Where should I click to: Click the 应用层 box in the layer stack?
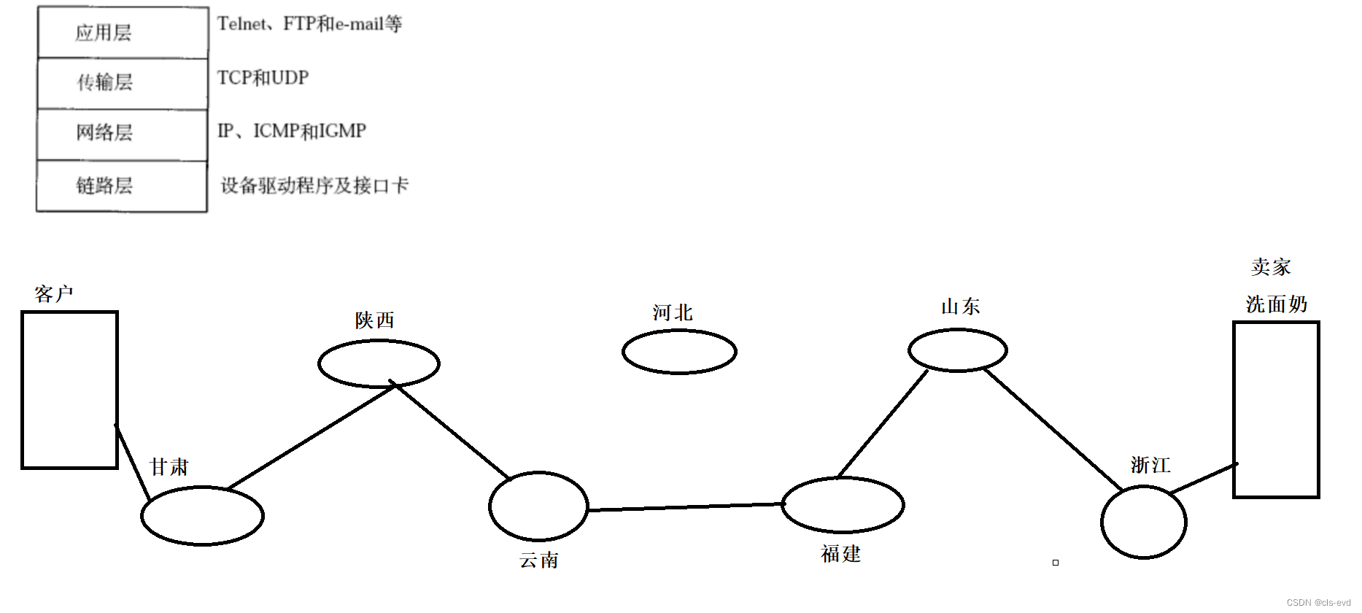point(123,33)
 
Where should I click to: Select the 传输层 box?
point(123,83)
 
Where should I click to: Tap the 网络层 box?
point(123,134)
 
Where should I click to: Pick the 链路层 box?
point(123,186)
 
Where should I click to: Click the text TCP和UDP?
point(263,78)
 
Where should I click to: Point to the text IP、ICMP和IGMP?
point(292,131)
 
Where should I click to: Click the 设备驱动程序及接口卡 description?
point(314,186)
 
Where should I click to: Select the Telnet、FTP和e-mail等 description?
point(309,25)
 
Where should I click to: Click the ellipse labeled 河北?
point(679,352)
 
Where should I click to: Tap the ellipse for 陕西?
point(379,363)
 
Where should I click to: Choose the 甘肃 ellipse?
point(202,515)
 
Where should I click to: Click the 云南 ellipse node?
point(538,506)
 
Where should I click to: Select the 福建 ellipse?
point(843,504)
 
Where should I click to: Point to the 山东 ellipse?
point(957,350)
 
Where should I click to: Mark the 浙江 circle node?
point(1143,522)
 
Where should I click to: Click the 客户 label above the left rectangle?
point(54,294)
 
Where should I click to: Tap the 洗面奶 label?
point(1276,304)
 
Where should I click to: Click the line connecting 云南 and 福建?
point(686,507)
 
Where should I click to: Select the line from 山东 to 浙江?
point(1053,430)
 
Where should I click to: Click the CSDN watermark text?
point(1318,603)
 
